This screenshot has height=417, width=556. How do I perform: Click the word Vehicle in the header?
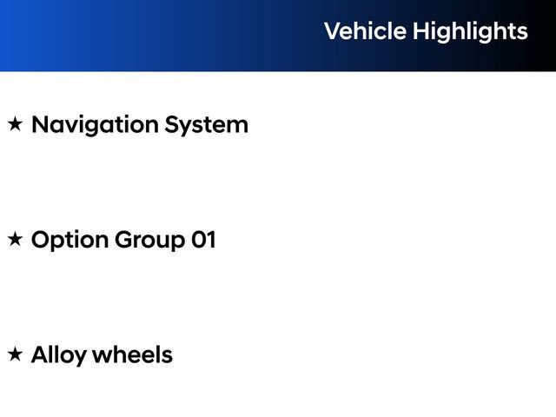click(x=365, y=31)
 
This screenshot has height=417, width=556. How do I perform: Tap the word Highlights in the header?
click(x=470, y=32)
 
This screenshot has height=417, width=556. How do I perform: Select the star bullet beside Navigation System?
click(x=15, y=124)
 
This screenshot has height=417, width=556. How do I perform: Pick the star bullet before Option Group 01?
click(x=15, y=240)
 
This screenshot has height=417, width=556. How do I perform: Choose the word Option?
click(x=70, y=241)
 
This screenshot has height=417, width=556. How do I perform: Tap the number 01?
click(x=203, y=240)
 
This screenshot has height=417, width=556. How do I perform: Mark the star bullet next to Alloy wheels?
click(x=15, y=354)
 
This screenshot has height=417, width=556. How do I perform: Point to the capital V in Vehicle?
click(x=332, y=31)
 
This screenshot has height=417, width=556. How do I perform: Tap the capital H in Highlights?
click(x=420, y=31)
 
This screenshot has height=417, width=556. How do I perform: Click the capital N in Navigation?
click(x=40, y=124)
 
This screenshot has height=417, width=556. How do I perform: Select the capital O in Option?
click(x=41, y=240)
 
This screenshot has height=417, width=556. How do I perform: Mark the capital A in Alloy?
click(x=40, y=354)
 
